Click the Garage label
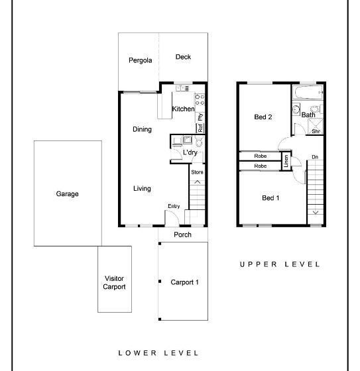[x=67, y=193]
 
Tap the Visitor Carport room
[x=115, y=279]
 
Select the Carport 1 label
[x=184, y=282]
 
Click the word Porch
[x=182, y=235]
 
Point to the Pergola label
[x=140, y=60]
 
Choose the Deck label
[x=183, y=57]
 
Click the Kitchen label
[x=183, y=109]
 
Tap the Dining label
[x=142, y=129]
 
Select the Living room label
[x=142, y=189]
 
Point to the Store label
[x=197, y=172]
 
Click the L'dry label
[x=190, y=152]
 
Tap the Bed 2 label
[x=263, y=117]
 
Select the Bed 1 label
[x=270, y=198]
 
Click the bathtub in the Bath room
[x=308, y=93]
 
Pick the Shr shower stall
[x=315, y=127]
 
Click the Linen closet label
[x=286, y=161]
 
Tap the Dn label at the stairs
[x=315, y=157]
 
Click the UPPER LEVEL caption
[x=280, y=264]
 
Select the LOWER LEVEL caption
[x=158, y=353]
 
